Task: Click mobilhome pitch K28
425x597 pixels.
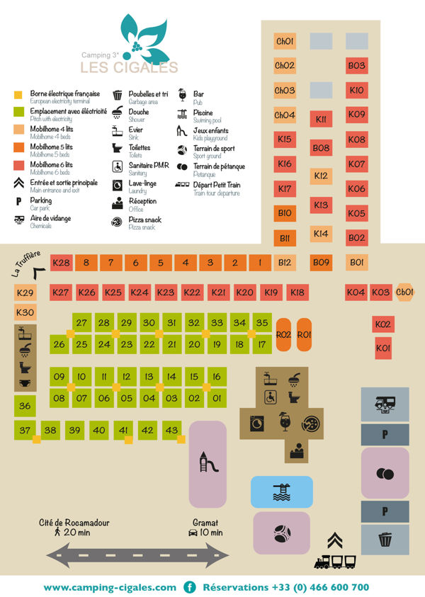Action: coord(62,263)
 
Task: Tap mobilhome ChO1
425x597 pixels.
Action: coord(284,41)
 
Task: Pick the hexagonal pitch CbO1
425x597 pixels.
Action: coord(405,292)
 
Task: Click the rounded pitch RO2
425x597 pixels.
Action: coord(283,335)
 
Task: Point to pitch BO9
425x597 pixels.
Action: coord(321,263)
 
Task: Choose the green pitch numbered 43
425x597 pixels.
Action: coord(171,430)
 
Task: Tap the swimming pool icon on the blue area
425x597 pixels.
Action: coord(282,491)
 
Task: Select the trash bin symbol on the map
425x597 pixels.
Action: coord(385,540)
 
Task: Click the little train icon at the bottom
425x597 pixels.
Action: coord(334,561)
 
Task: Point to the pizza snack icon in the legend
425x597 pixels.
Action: coord(117,222)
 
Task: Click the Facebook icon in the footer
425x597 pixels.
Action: coord(190,587)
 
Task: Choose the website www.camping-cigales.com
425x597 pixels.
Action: coord(110,587)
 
